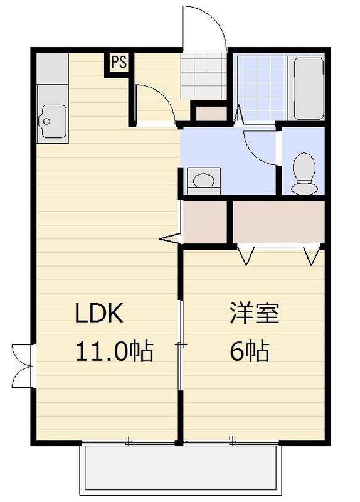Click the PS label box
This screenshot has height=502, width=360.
point(118,63)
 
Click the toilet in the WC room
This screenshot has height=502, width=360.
point(305,173)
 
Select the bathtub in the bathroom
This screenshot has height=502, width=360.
point(309,89)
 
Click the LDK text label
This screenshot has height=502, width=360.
point(101,314)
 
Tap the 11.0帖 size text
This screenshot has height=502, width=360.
point(114,352)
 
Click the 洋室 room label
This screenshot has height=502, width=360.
point(254,314)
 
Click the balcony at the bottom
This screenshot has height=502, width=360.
point(180,469)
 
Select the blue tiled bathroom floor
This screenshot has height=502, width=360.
point(262,89)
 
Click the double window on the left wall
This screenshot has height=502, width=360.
point(21,365)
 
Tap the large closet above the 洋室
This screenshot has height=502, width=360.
point(278,222)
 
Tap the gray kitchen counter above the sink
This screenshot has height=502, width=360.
point(51,70)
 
